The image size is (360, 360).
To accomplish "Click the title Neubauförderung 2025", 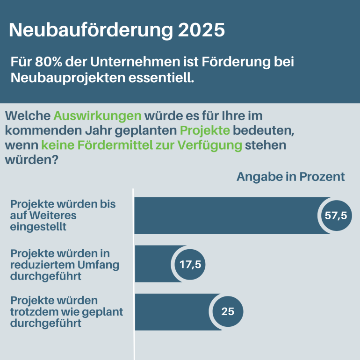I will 117,30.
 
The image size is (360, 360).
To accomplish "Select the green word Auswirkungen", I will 97,115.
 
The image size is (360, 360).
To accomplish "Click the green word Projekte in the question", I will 205,130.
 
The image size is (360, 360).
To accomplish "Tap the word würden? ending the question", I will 31,160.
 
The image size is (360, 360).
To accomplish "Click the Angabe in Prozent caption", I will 290,177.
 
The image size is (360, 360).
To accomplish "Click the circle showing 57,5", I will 335,216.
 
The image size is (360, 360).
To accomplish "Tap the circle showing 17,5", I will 190,264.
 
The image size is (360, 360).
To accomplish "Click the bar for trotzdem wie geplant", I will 173,311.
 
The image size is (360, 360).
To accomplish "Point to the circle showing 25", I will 228,311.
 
